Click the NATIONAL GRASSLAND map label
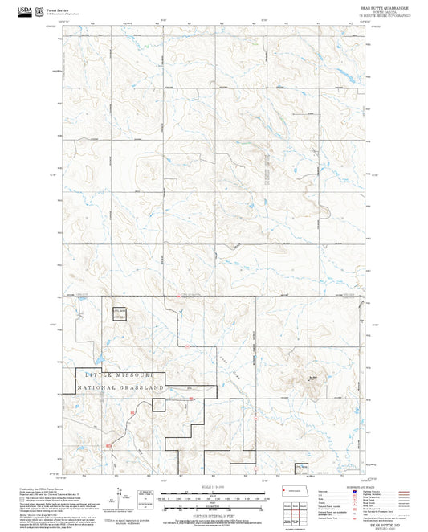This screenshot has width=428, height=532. tap(120, 387)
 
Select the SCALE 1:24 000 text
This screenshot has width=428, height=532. tap(214, 487)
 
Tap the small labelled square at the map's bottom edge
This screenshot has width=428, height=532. tap(300, 466)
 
